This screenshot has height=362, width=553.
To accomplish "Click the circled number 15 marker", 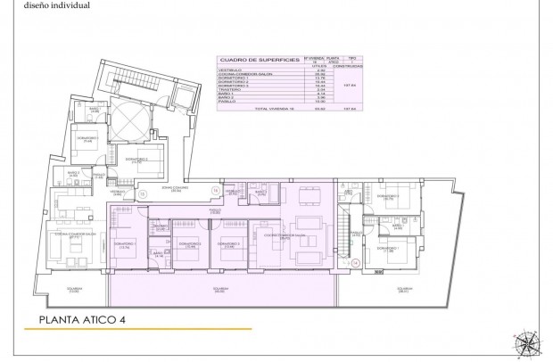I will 143,193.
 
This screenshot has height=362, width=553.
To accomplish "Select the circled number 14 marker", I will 354,262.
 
